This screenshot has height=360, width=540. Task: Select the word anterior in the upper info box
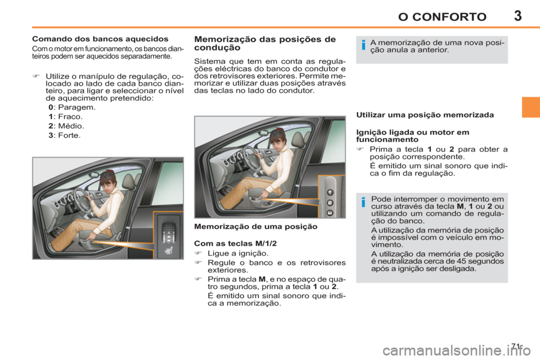tap(433, 50)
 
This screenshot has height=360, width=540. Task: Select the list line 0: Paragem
tap(71, 107)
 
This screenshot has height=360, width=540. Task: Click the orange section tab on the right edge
tap(530, 106)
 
